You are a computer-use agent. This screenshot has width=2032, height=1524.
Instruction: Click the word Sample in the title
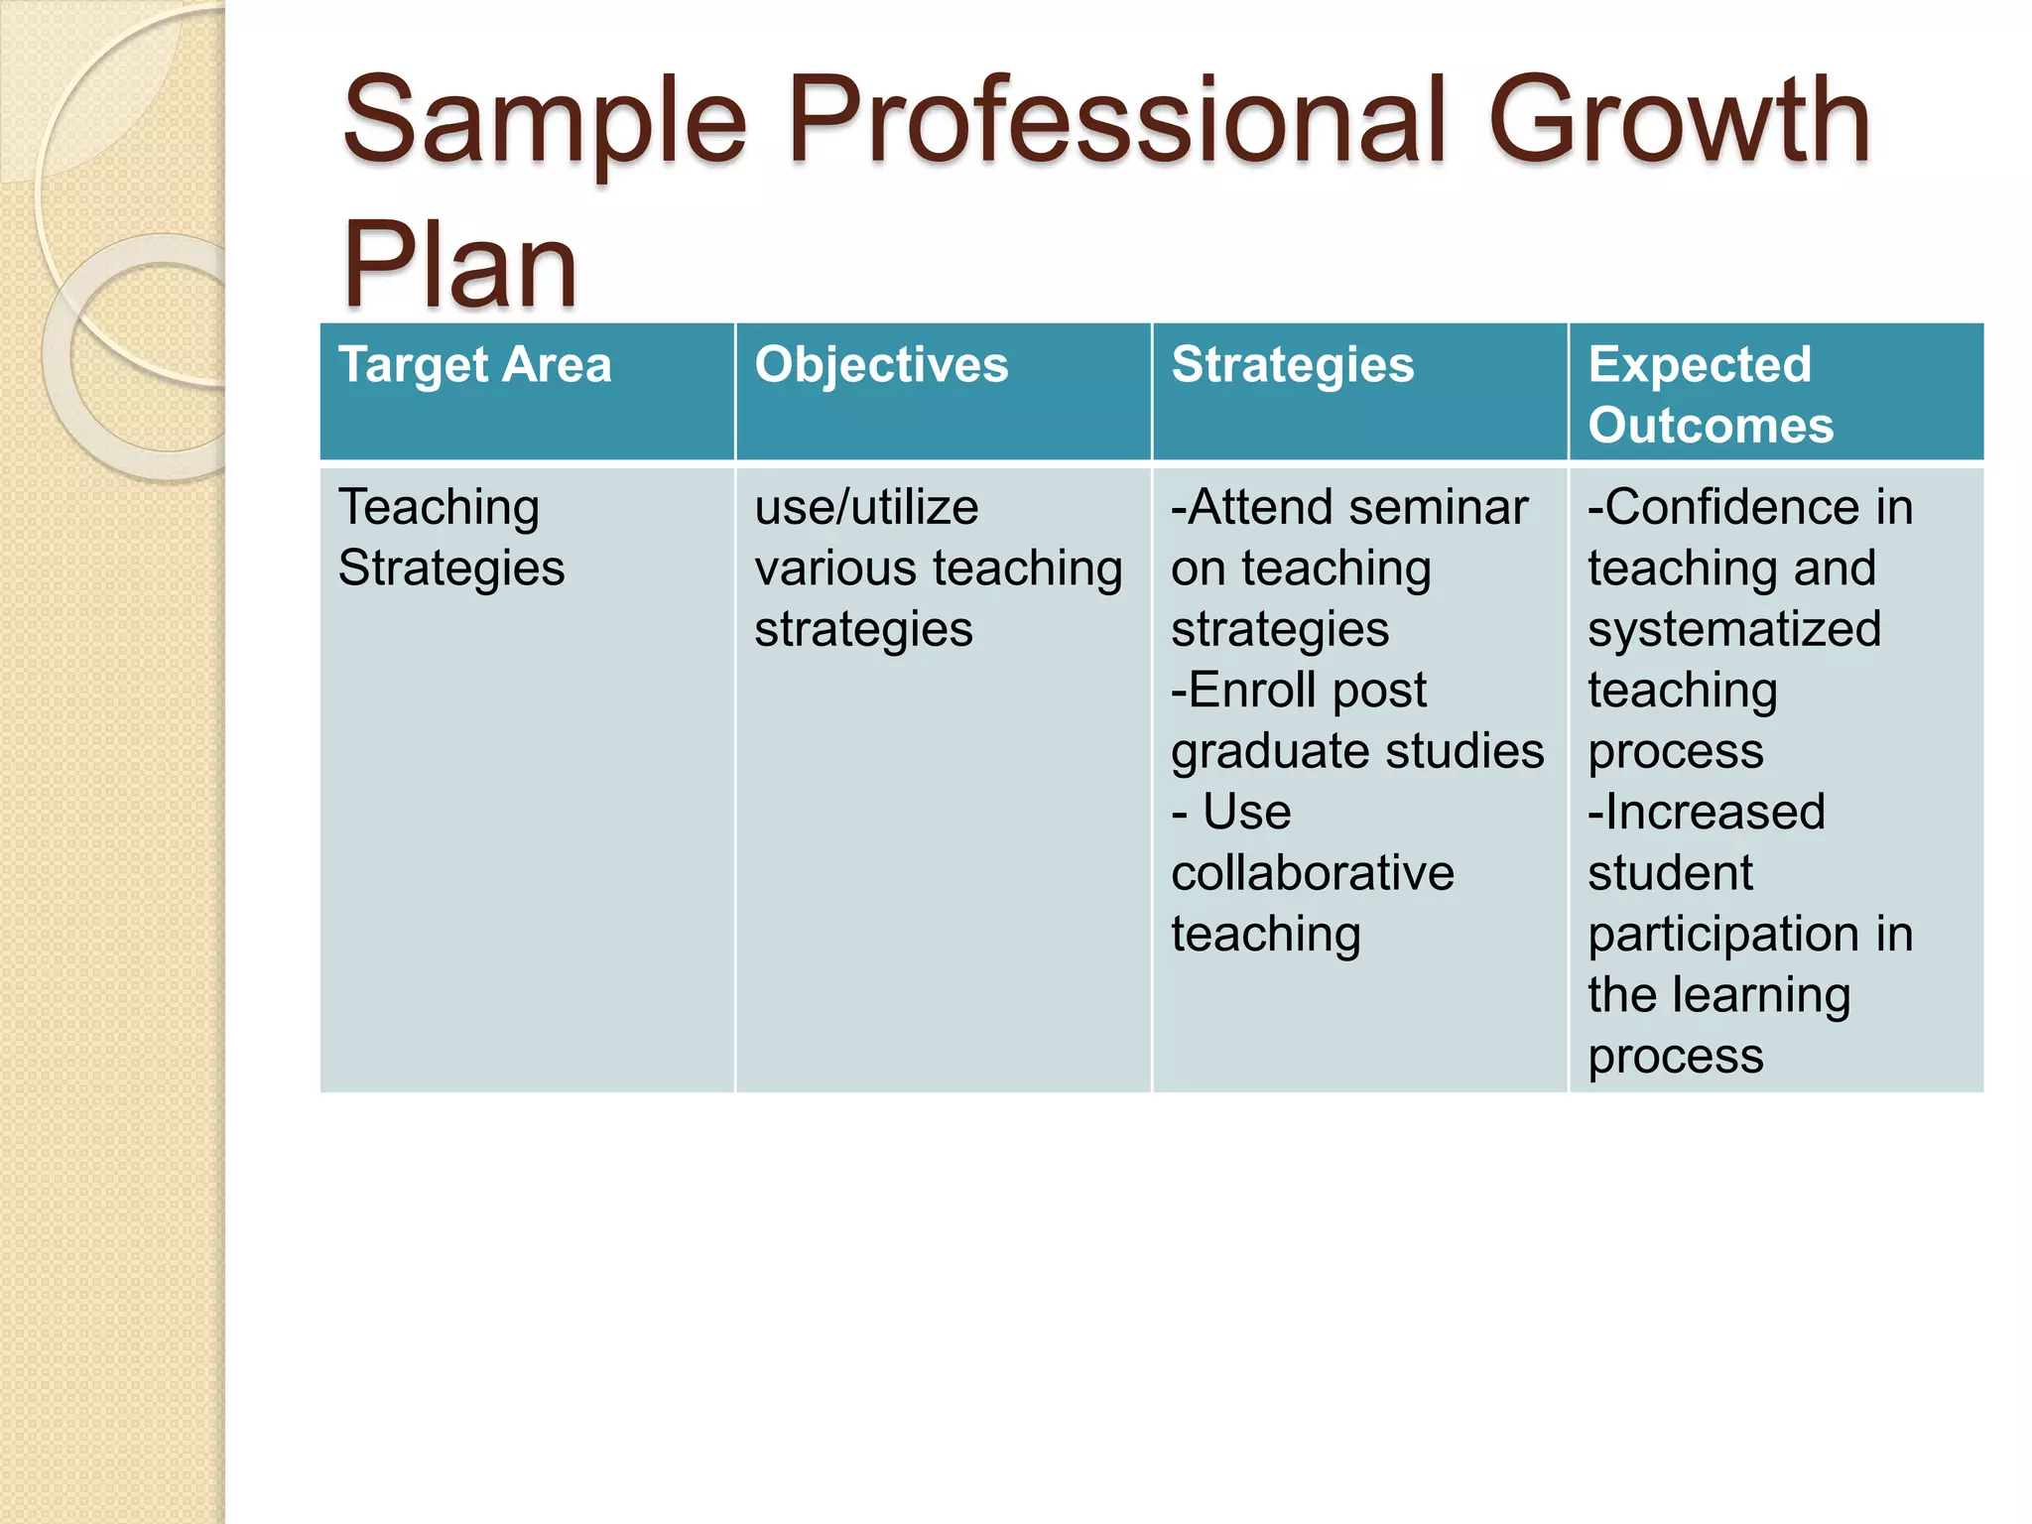coord(544,124)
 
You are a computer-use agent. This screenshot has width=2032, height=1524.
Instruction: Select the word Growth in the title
coord(1679,122)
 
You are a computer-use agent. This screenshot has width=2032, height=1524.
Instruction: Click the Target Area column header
coord(474,364)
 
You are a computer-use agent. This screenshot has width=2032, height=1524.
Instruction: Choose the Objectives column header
coord(881,364)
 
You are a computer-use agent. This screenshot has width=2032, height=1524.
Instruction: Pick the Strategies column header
coord(1292,364)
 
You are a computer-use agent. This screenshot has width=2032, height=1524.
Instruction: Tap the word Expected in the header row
coord(1700,364)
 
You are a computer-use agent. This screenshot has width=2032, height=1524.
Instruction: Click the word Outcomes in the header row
coord(1711,425)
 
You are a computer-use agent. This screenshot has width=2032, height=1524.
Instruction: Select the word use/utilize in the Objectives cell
coord(866,507)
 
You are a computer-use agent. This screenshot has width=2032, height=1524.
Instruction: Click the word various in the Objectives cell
coord(835,569)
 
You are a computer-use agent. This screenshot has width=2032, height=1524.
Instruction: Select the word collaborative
coord(1312,873)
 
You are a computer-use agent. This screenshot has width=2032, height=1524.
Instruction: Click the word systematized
coord(1733,629)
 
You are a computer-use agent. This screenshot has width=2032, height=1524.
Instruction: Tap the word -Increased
coord(1706,812)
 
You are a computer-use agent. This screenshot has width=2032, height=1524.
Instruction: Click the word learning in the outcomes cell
coord(1761,995)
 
